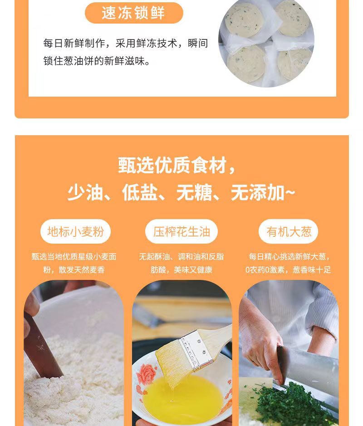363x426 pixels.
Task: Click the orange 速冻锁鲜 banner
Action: click(x=134, y=13)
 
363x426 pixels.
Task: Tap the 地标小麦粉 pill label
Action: click(x=75, y=231)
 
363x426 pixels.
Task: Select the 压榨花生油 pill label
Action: click(x=181, y=231)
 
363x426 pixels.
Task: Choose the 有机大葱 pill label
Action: click(x=289, y=231)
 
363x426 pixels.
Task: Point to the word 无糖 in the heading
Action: click(x=194, y=193)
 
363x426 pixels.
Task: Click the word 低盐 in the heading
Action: click(x=140, y=193)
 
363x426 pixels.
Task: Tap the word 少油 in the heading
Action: click(x=85, y=193)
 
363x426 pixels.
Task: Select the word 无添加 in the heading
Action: click(x=258, y=193)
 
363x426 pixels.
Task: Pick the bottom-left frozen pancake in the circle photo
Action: click(x=246, y=64)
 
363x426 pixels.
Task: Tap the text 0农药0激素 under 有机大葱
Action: click(x=265, y=270)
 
